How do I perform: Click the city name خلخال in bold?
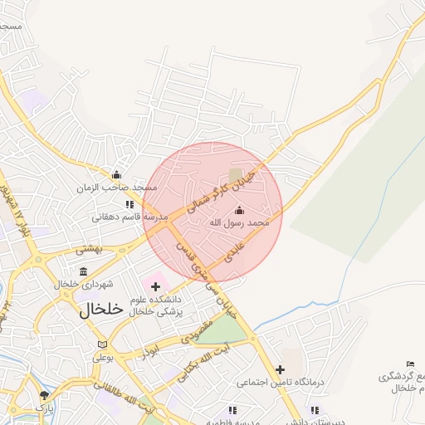pos(101,309)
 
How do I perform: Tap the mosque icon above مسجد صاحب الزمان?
pos(116,175)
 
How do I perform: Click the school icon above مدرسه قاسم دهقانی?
pos(129,204)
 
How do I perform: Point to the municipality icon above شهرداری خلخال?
pos(83,271)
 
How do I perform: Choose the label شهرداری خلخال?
pos(83,284)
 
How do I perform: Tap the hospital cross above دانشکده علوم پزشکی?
pos(155,286)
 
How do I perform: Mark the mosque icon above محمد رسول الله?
pos(240,210)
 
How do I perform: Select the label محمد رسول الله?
pos(239,222)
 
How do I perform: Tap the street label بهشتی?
pos(89,248)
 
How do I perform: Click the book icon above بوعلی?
pos(102,344)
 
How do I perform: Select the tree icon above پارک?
pos(44,395)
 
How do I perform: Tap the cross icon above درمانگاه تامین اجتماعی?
pos(280,369)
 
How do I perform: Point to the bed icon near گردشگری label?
pos(410,364)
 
